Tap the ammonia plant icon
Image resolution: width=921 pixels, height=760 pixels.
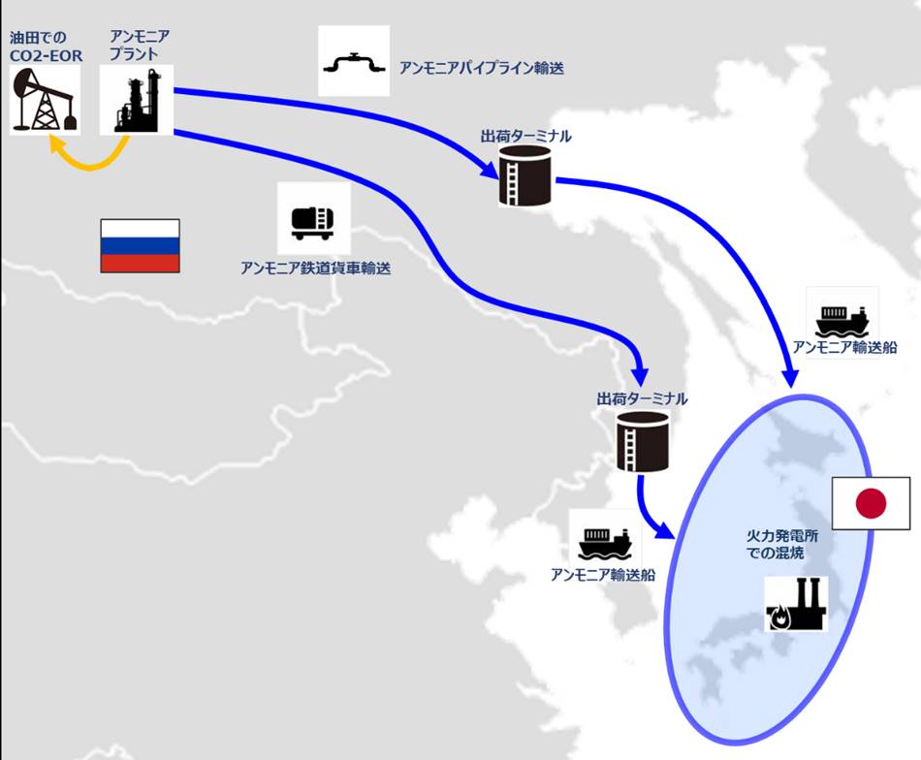[x=137, y=100]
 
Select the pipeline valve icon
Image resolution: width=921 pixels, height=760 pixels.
[x=354, y=62]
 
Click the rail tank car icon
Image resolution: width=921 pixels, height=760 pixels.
[x=313, y=223]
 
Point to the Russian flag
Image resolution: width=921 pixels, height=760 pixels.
[x=140, y=245]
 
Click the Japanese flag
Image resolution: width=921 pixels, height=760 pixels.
[x=872, y=503]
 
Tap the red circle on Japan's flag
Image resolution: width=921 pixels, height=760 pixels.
[x=872, y=504]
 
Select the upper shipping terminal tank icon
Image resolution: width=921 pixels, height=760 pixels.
[x=525, y=175]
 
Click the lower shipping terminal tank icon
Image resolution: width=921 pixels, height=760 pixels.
[x=643, y=440]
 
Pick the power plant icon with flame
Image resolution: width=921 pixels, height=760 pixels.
[x=797, y=604]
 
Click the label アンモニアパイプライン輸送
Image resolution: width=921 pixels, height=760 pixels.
[x=482, y=68]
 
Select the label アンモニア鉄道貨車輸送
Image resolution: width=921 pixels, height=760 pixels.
[x=315, y=269]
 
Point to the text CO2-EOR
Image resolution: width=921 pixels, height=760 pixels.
[x=46, y=56]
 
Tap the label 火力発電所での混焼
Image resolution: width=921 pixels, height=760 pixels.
[x=781, y=544]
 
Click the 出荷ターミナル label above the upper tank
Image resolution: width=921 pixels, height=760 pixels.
[x=525, y=137]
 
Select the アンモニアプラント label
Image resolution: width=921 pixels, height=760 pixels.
[x=140, y=46]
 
